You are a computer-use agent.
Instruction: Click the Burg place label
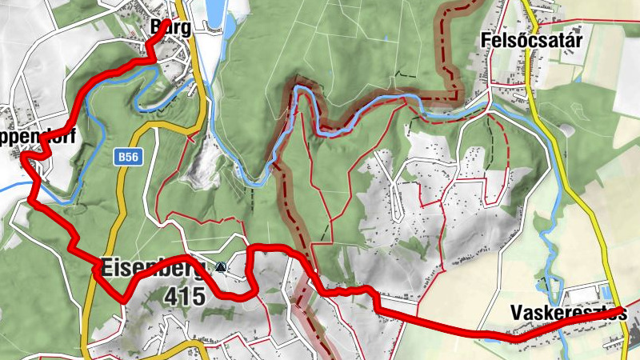[x=171, y=27]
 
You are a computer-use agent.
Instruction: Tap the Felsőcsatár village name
[x=525, y=39]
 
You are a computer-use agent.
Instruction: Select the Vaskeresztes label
[x=570, y=313]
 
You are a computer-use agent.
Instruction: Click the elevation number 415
[x=184, y=295]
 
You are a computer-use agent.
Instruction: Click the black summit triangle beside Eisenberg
[x=221, y=266]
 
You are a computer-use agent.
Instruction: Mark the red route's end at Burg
[x=166, y=22]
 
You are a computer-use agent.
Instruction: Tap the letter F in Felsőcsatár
[x=486, y=39]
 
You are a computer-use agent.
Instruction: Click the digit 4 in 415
[x=170, y=295]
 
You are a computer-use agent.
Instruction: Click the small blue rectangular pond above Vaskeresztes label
[x=606, y=293]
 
